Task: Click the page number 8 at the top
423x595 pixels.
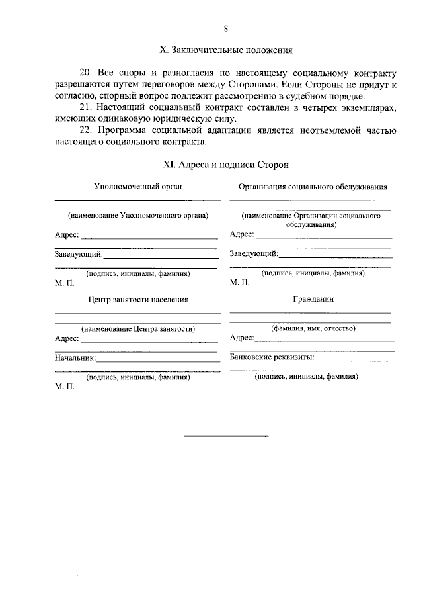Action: (x=225, y=28)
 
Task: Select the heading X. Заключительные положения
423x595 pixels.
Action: (x=226, y=50)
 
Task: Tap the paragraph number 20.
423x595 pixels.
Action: (x=85, y=71)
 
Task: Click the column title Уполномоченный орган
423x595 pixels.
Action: (x=137, y=187)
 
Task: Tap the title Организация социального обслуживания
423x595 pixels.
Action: (x=313, y=187)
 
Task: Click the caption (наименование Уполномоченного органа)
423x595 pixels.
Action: (x=137, y=216)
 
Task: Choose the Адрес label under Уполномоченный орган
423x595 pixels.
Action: (x=67, y=234)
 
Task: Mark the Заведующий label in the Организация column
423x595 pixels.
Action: (x=254, y=253)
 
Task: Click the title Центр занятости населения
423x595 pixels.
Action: (x=138, y=299)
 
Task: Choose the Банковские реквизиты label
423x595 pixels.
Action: (x=272, y=357)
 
